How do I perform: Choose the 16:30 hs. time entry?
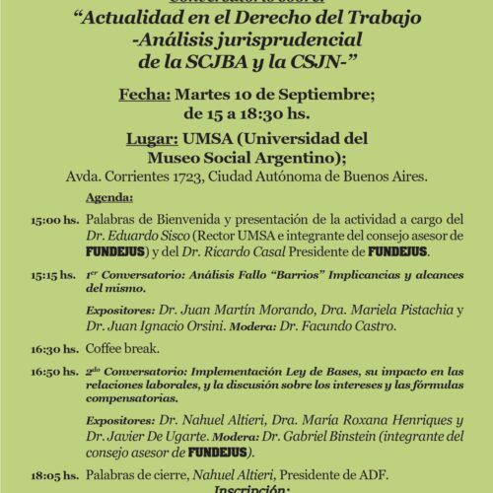(53, 348)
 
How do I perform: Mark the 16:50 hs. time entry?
(53, 372)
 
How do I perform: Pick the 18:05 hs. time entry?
(53, 474)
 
